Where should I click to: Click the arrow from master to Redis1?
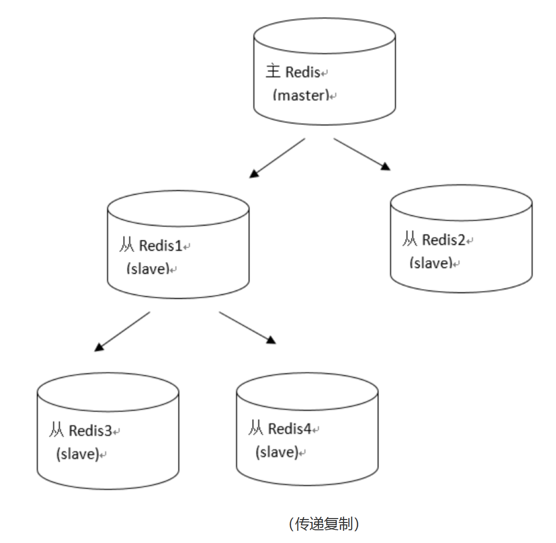[277, 158]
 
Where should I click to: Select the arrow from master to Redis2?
[362, 154]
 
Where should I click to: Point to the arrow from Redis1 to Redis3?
[122, 332]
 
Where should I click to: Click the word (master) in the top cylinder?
[301, 95]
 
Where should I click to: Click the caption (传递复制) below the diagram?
[324, 524]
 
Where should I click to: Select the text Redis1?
[160, 245]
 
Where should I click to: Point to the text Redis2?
[444, 240]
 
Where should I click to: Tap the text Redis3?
[90, 430]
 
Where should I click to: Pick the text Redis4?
[290, 429]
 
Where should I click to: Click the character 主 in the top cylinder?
[273, 71]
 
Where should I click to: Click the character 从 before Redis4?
[256, 428]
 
